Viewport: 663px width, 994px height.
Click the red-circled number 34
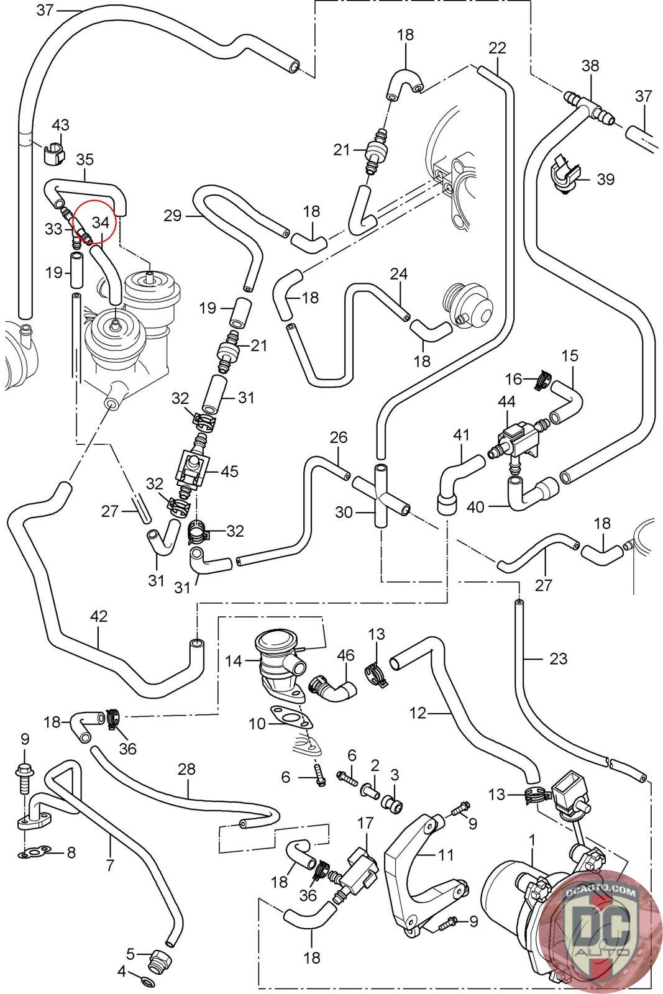point(101,222)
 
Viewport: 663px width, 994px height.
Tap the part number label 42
point(99,617)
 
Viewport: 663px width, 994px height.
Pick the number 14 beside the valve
point(234,661)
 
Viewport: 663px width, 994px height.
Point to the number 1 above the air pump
point(532,840)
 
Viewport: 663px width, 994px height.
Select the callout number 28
point(186,768)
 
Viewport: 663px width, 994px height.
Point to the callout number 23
point(558,658)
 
